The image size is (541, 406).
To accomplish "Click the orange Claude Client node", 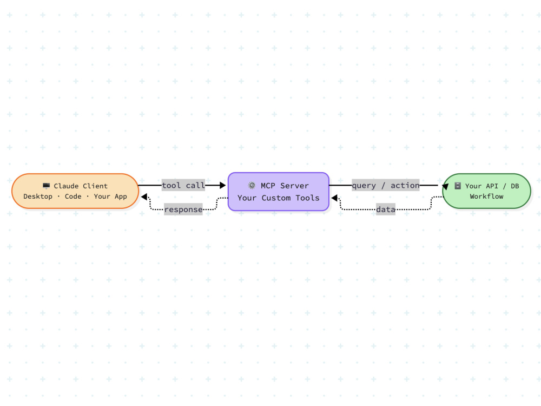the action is click(75, 191).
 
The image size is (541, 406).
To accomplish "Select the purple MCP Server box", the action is click(279, 192).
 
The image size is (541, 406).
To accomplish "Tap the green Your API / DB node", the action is click(486, 191).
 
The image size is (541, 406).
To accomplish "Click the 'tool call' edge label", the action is click(183, 185).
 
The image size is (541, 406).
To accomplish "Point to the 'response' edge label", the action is click(183, 209).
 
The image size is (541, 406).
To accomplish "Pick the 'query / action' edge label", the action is click(385, 185).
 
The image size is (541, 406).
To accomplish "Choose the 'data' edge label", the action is click(385, 209).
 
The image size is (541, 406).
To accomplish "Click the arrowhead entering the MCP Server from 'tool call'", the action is click(223, 185).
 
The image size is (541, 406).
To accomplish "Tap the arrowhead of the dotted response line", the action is click(144, 197).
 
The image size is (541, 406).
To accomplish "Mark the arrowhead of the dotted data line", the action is click(334, 198).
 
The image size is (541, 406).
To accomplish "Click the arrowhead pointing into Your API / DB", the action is click(445, 187).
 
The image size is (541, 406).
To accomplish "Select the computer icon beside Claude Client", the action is click(46, 186).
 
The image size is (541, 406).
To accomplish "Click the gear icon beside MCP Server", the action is click(252, 185).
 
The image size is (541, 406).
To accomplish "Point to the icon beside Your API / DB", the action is click(458, 186).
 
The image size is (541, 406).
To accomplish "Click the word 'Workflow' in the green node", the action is click(486, 197).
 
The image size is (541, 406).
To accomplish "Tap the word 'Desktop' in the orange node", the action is click(38, 197).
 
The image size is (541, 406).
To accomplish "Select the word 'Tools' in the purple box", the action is click(307, 198).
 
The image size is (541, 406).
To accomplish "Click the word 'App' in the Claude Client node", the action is click(121, 197).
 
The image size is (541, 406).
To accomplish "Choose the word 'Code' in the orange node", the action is click(73, 197).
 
